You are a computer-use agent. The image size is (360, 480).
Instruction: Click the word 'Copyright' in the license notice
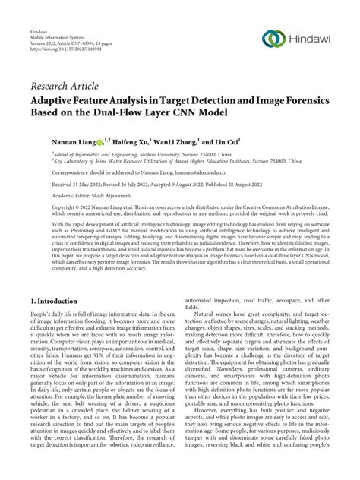click(46, 207)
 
